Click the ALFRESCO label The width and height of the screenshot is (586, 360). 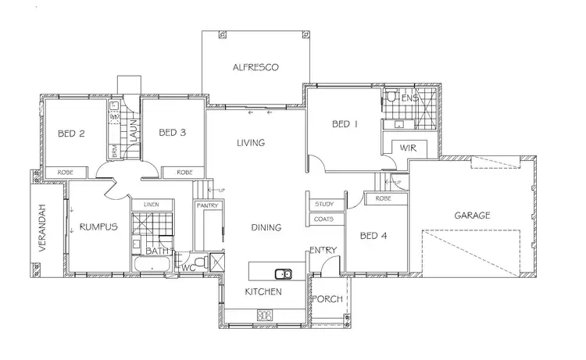[255, 68]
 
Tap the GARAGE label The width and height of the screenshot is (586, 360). [471, 215]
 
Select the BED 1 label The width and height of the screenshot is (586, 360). [345, 123]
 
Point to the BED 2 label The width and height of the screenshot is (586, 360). [71, 134]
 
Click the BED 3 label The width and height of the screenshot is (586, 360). [172, 134]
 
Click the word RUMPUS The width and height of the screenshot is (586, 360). [98, 227]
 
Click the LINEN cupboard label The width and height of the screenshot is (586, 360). [151, 205]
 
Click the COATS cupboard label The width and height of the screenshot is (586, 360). [324, 219]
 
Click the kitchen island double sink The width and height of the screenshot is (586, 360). [283, 273]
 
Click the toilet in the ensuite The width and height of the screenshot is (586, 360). [392, 98]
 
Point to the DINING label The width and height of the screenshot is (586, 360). [266, 227]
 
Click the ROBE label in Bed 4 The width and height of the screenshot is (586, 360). [383, 199]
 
